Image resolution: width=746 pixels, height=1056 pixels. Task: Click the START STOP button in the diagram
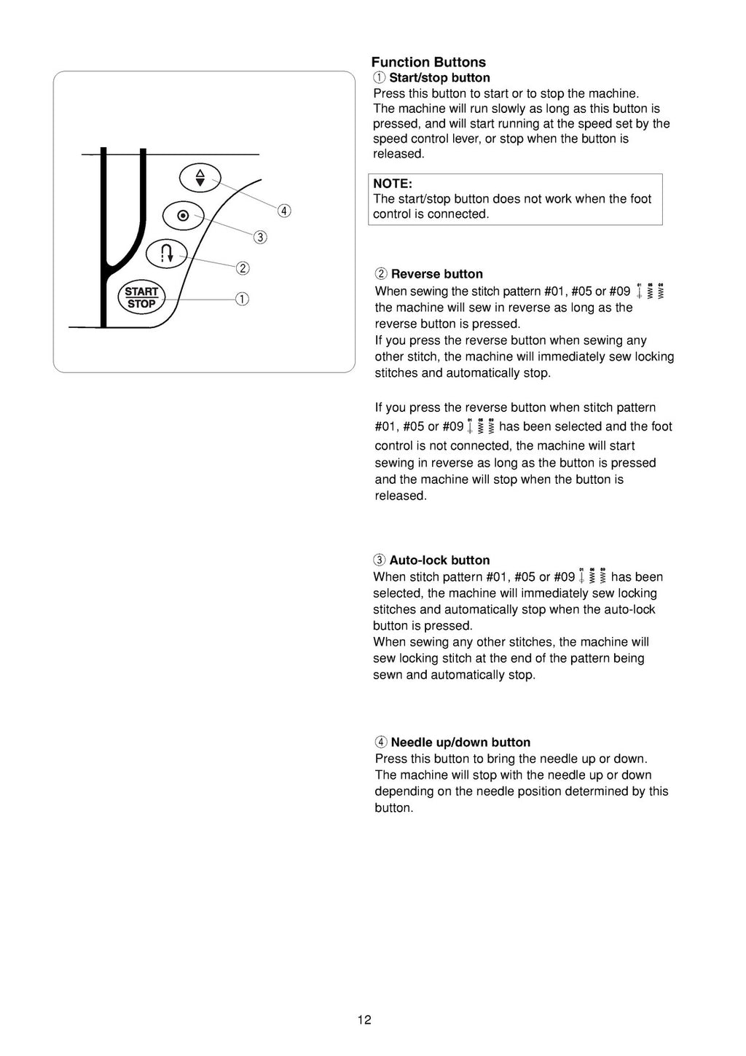(141, 297)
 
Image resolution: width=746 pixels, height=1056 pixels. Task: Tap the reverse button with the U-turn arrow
(167, 254)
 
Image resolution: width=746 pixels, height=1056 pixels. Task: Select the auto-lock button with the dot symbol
(183, 215)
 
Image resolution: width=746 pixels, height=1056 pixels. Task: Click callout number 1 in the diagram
(241, 299)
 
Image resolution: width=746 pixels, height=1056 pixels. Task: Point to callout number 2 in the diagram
(243, 268)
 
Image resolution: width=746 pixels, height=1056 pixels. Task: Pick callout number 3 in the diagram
(260, 238)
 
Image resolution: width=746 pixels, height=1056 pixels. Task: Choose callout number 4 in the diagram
(284, 211)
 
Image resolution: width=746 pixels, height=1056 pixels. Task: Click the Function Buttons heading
(428, 63)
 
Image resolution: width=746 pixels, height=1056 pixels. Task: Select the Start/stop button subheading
(439, 78)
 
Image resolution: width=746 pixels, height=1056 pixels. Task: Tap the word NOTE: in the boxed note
(393, 184)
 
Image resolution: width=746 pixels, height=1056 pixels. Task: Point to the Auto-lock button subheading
(439, 560)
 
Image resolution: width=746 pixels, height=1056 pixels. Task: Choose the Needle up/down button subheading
(460, 743)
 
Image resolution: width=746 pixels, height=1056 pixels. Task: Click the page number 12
(364, 1020)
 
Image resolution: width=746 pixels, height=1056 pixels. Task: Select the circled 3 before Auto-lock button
(380, 560)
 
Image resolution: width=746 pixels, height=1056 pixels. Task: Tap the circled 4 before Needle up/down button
(381, 743)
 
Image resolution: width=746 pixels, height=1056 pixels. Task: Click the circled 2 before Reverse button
(381, 274)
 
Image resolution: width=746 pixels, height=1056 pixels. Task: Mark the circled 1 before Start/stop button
(379, 78)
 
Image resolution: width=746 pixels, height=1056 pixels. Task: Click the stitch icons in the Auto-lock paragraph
(593, 576)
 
